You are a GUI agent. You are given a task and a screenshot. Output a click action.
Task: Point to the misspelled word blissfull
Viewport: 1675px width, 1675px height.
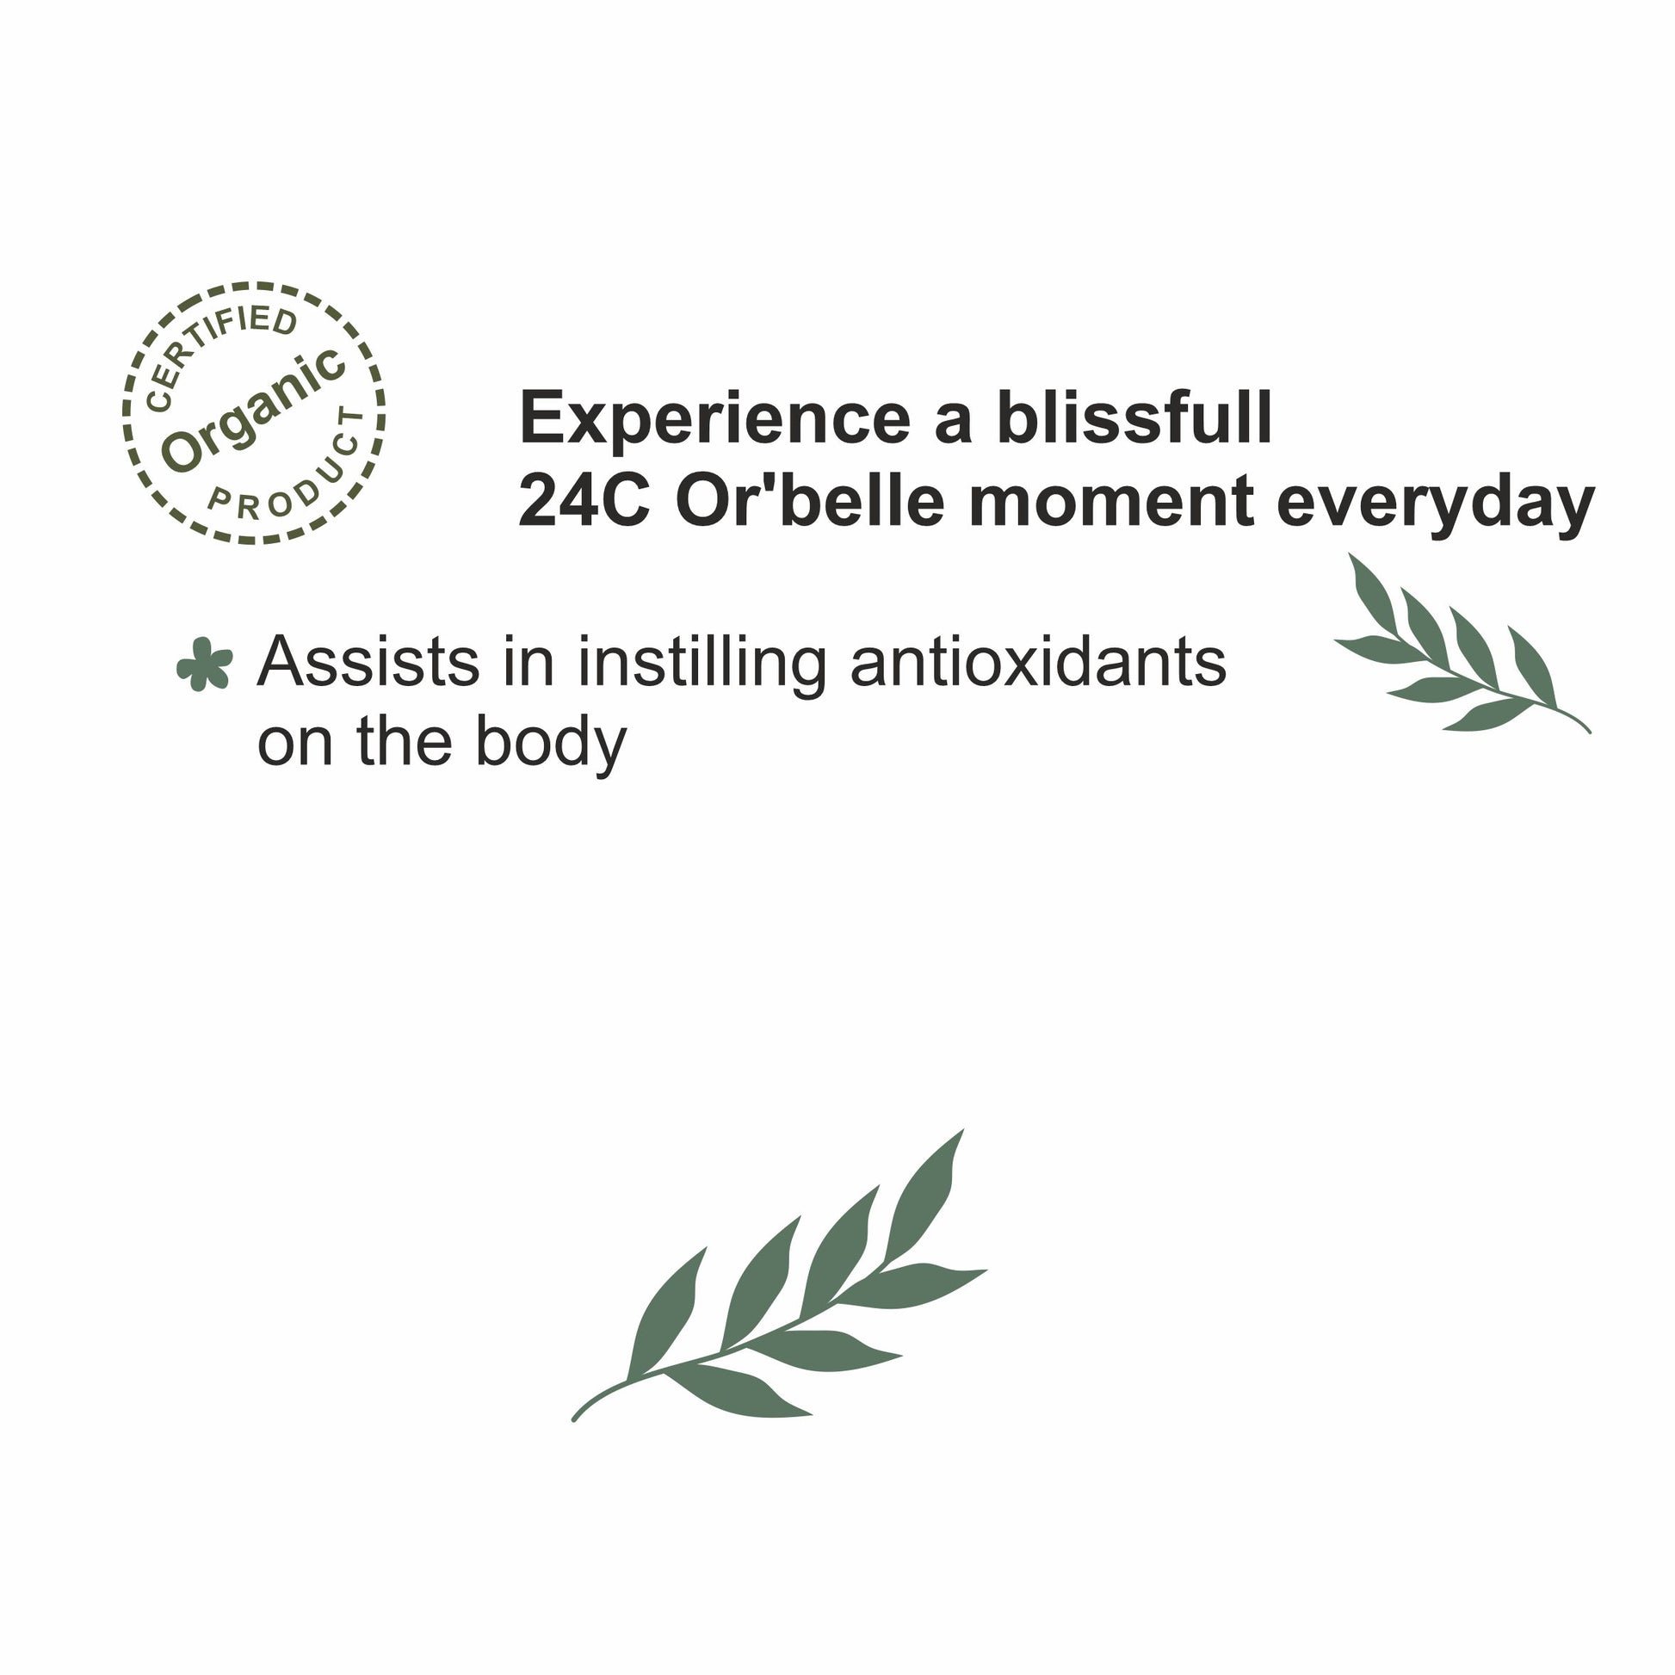coord(1134,417)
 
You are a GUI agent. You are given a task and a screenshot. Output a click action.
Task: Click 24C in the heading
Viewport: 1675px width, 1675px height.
coord(584,502)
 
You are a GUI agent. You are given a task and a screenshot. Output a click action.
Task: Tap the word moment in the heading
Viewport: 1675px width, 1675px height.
coord(1110,504)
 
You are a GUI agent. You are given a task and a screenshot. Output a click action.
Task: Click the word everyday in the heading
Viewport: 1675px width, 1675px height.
coord(1436,506)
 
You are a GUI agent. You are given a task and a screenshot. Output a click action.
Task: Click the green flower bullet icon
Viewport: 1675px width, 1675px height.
coord(205,664)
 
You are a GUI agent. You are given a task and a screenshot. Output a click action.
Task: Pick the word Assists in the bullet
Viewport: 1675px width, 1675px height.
coord(368,663)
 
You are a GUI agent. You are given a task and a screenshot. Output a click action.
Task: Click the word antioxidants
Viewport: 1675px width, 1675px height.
coord(1038,663)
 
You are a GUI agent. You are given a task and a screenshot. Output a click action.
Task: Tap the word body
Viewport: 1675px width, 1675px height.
coord(551,744)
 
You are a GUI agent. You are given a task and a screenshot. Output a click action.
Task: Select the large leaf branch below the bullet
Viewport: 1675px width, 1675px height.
coord(779,1276)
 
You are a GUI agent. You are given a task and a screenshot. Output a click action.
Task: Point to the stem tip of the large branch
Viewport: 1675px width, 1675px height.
coord(574,1420)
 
